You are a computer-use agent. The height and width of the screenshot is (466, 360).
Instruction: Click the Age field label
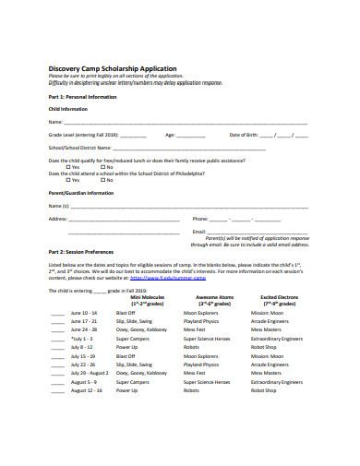click(x=171, y=134)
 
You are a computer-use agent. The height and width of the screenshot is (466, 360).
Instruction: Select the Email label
click(x=198, y=232)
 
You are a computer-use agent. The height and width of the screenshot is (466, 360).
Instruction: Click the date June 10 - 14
click(x=82, y=312)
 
